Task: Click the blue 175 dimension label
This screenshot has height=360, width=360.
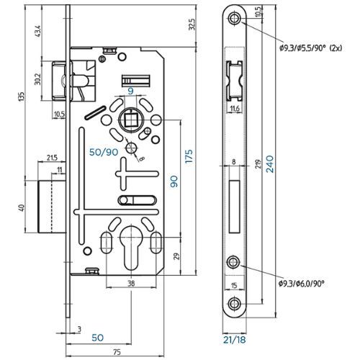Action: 189,156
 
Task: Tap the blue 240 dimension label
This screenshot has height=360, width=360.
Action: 270,164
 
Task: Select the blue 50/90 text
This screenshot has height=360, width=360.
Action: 104,152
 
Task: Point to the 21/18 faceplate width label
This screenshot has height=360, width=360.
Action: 235,340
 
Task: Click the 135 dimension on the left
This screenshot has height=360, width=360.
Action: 22,96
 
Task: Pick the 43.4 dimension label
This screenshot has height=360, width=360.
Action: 38,31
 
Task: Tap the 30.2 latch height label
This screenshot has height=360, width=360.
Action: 37,79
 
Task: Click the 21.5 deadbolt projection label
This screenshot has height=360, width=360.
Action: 52,158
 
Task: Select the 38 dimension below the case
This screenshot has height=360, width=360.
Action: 131,284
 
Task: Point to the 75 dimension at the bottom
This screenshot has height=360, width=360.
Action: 117,352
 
